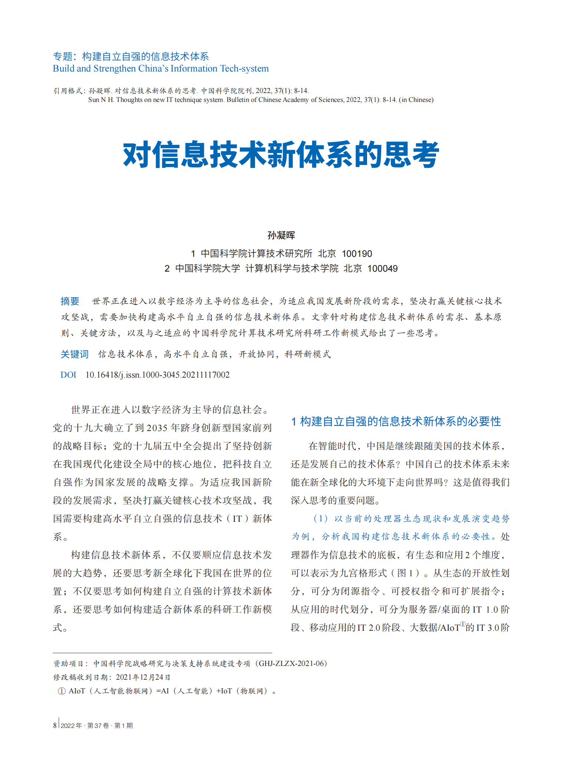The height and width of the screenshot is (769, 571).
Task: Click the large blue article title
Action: [x=281, y=155]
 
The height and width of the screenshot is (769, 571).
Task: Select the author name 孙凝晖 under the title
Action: [x=281, y=235]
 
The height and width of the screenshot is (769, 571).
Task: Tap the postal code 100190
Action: [x=357, y=254]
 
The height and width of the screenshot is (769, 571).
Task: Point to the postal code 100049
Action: [x=382, y=269]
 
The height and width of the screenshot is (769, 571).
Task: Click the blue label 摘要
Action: [x=70, y=301]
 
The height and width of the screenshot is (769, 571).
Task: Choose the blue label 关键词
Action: [x=75, y=354]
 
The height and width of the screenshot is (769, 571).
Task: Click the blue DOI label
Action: [x=68, y=375]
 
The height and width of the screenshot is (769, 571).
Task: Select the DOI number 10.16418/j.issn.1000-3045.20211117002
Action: [x=158, y=375]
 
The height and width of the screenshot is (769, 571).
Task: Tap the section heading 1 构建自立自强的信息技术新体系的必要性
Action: [x=396, y=421]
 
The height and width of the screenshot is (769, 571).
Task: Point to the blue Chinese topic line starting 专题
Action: [x=131, y=56]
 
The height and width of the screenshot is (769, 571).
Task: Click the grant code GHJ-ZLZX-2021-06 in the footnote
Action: [x=293, y=663]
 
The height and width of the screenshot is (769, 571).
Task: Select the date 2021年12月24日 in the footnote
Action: [x=143, y=677]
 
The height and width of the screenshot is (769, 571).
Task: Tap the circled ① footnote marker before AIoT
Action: [x=62, y=691]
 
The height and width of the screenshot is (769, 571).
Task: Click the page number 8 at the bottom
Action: [x=55, y=725]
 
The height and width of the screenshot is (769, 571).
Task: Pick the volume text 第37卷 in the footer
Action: [x=98, y=726]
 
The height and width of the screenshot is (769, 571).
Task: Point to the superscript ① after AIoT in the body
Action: [x=462, y=624]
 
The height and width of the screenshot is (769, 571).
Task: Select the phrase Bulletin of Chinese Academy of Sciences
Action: [x=285, y=100]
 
